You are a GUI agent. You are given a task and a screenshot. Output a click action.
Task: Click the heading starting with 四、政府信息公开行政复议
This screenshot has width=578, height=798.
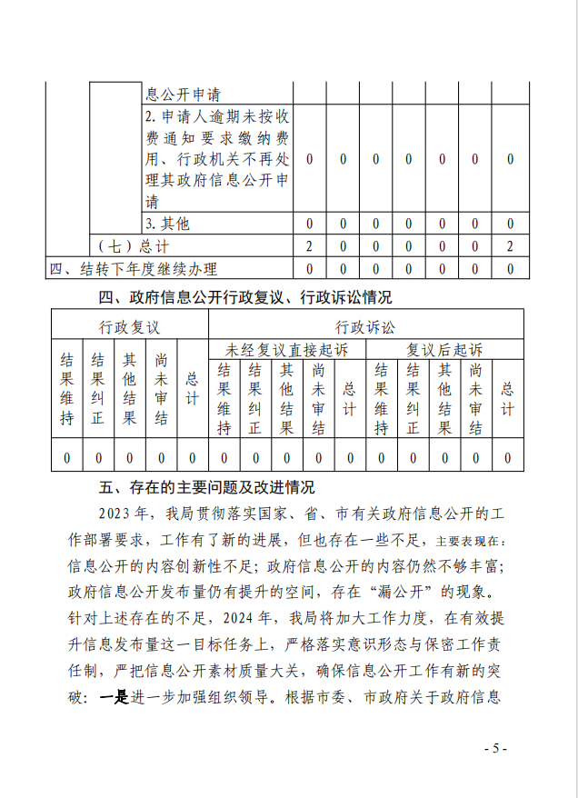coord(245,297)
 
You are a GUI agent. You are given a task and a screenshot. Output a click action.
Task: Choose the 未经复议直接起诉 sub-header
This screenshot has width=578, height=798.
coord(286,349)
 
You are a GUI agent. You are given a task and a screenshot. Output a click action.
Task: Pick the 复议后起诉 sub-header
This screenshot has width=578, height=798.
coord(444,349)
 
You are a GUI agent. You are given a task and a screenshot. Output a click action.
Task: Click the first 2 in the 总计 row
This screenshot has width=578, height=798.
coord(310,246)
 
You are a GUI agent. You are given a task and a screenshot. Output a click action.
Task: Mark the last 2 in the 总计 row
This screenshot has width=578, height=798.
coord(510,246)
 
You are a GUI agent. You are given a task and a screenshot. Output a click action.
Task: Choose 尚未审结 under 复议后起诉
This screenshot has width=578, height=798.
coord(475,398)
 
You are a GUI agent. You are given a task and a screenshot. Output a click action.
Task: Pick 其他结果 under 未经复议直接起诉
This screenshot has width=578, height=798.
coord(287,398)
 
